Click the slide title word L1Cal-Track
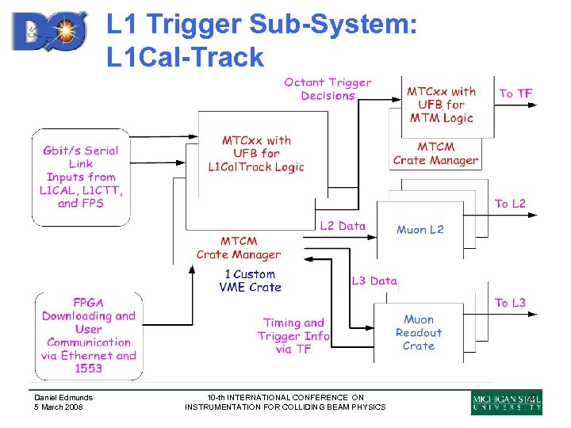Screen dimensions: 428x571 click(185, 57)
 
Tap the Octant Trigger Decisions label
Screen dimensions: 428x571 click(328, 89)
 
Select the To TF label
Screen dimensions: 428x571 click(515, 94)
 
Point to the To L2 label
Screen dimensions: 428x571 click(510, 204)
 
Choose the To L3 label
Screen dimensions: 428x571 click(510, 303)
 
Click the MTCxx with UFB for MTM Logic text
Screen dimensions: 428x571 click(441, 105)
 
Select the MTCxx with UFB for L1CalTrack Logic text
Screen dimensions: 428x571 click(256, 154)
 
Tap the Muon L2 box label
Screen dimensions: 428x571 click(420, 230)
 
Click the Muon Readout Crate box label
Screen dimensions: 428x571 click(418, 333)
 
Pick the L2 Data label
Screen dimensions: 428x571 click(343, 226)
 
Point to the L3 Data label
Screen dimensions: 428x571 click(374, 281)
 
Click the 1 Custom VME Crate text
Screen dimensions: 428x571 click(250, 281)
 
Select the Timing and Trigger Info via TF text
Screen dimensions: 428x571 click(293, 335)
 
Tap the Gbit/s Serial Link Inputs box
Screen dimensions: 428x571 click(81, 177)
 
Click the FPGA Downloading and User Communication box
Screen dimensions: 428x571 click(89, 335)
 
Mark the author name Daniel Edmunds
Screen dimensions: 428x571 click(63, 398)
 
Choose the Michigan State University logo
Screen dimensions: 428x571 click(507, 402)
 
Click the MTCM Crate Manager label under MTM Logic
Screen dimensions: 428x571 click(435, 154)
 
